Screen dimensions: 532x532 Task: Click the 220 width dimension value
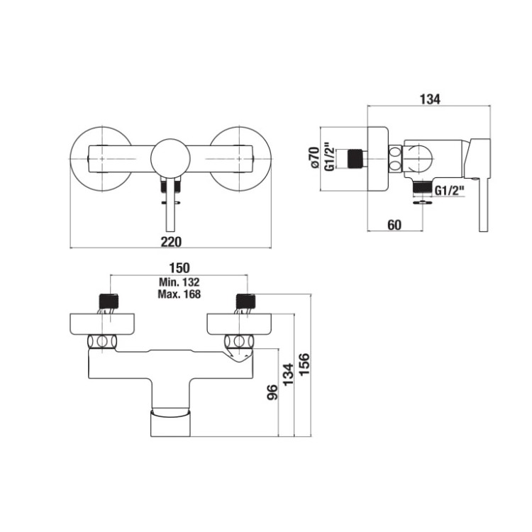pos(171,242)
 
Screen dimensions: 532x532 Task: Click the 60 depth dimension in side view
pos(395,225)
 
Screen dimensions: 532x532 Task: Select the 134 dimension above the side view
pos(429,99)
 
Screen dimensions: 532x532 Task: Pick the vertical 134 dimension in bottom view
pos(289,374)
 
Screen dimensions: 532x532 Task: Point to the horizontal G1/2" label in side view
pos(448,190)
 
